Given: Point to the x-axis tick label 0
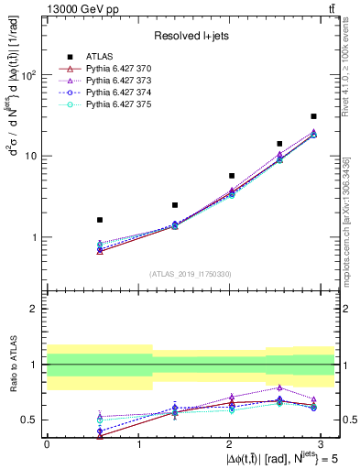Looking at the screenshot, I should click(x=47, y=443).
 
